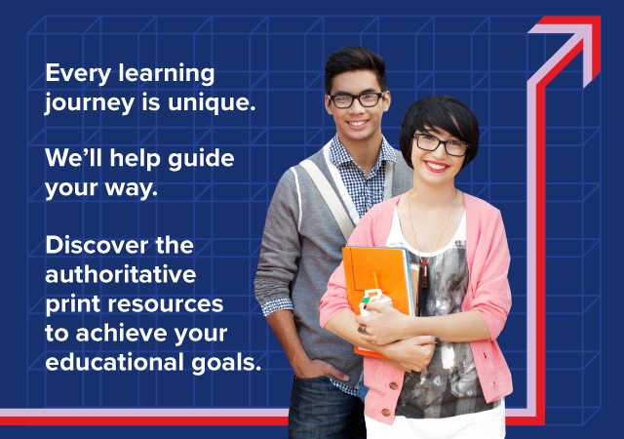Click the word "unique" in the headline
211,103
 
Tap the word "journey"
90,103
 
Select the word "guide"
201,159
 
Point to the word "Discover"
97,245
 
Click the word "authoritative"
121,274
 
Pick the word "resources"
166,304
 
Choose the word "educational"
115,362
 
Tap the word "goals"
226,363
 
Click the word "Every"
78,74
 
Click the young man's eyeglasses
357,100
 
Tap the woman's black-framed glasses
441,144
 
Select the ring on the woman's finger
362,329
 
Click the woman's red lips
436,166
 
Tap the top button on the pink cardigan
393,385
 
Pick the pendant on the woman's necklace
424,274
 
